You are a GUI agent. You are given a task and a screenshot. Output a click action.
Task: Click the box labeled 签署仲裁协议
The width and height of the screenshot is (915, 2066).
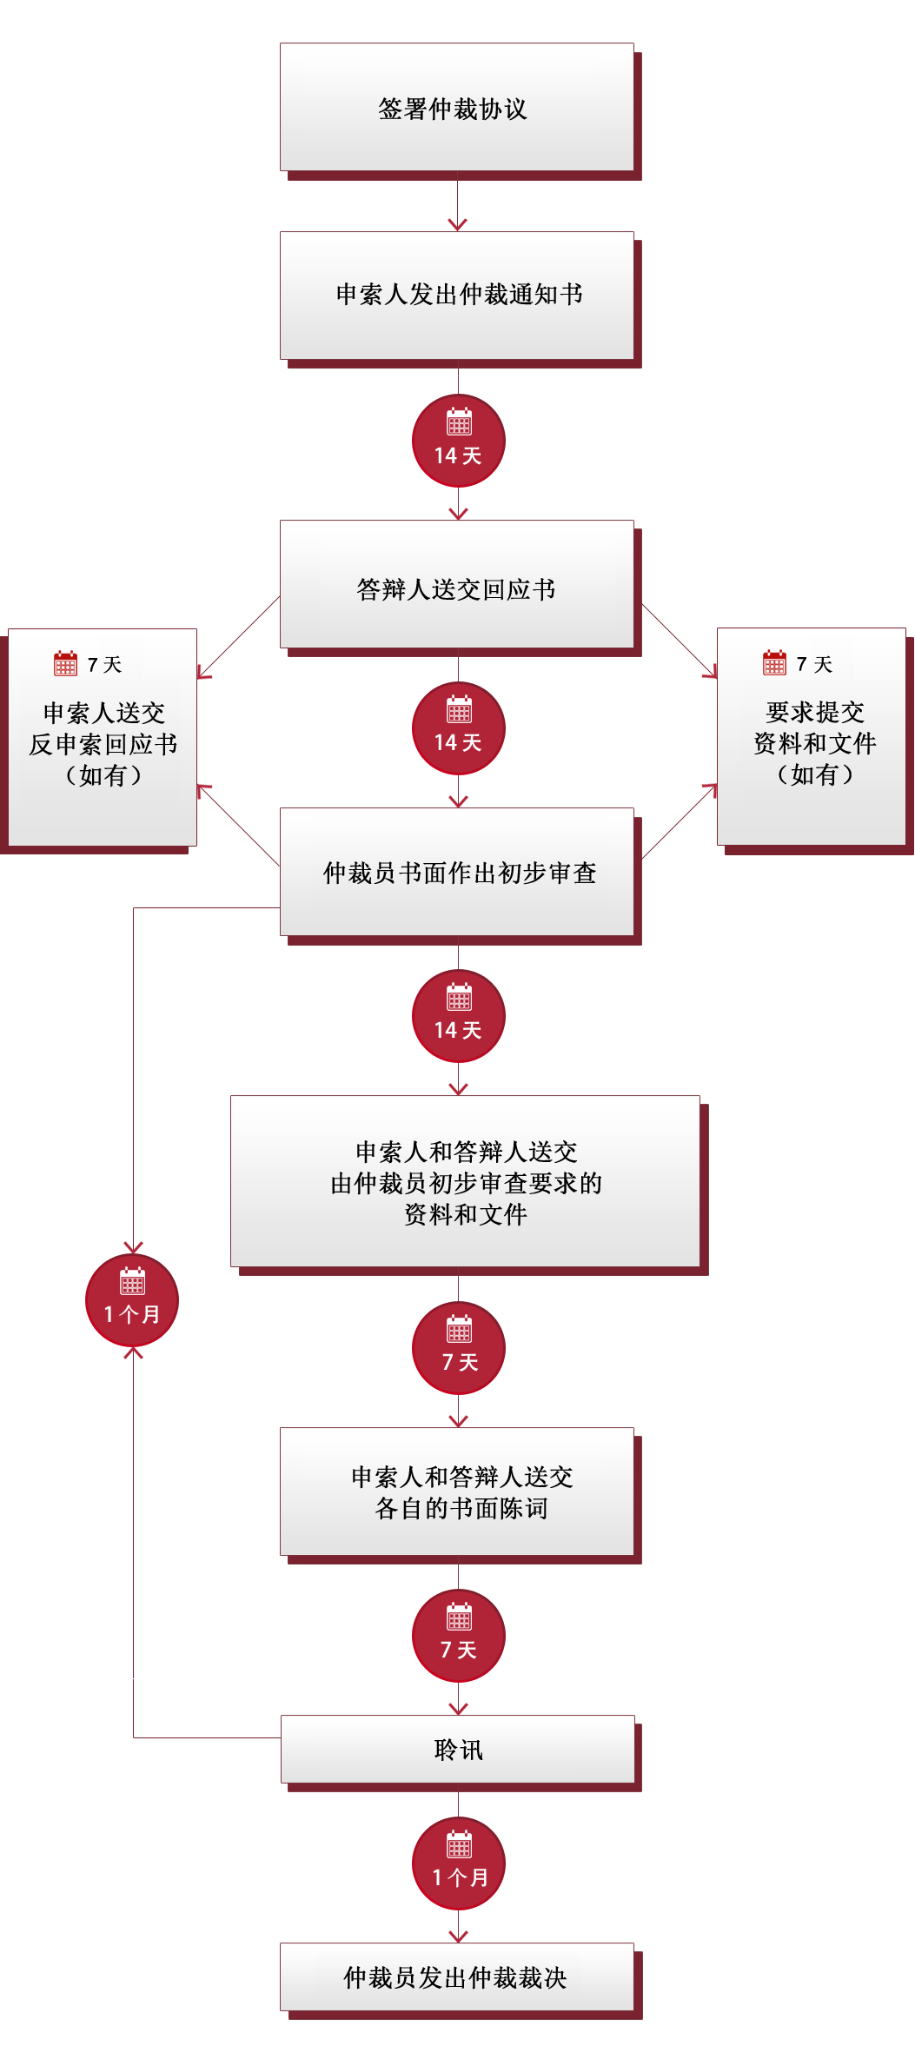(x=457, y=108)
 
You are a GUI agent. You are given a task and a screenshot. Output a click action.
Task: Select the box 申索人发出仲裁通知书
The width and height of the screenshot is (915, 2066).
(x=457, y=296)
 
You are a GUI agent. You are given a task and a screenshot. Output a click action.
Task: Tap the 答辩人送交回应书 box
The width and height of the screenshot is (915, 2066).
(x=457, y=584)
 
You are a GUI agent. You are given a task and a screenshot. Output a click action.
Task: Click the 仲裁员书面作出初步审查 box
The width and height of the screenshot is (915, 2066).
(x=457, y=872)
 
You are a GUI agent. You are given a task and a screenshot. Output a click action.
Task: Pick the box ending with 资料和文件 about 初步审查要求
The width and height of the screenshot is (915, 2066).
(x=465, y=1181)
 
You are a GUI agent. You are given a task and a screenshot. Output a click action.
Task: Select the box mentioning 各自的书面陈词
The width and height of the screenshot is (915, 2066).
(x=457, y=1491)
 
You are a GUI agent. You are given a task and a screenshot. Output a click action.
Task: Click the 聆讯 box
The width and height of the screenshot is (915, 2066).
(x=458, y=1749)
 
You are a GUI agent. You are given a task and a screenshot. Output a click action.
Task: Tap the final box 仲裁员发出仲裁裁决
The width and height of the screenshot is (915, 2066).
(x=457, y=1976)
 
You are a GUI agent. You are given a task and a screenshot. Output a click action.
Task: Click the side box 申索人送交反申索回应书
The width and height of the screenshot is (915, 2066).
(x=103, y=737)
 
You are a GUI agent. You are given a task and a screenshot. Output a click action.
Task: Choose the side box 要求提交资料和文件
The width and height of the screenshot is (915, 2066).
(x=812, y=736)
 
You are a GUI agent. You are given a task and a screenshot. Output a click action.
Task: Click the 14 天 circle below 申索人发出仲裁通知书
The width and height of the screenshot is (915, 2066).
(x=459, y=441)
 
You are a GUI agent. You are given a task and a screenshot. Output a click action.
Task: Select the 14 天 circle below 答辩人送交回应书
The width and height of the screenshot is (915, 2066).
(x=459, y=728)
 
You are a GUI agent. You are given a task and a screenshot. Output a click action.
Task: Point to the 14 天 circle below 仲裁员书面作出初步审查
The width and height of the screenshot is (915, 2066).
(x=459, y=1016)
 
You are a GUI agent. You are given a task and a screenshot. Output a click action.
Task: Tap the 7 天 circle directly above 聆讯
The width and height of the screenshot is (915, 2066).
(x=459, y=1636)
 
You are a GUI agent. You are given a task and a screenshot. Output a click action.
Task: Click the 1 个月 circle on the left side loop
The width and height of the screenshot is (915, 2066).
(x=132, y=1300)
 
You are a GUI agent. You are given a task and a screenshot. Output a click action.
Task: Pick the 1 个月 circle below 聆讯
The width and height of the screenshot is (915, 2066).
(x=459, y=1863)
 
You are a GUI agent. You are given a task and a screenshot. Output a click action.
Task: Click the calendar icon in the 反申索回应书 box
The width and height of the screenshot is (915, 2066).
(x=65, y=663)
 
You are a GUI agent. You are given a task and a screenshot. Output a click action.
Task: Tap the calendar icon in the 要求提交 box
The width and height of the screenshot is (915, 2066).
(x=774, y=662)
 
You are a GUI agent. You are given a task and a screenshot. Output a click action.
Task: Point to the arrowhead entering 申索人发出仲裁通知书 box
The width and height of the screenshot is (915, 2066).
(x=458, y=224)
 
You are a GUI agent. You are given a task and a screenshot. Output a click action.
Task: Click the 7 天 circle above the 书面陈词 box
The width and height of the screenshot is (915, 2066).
(x=459, y=1348)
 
